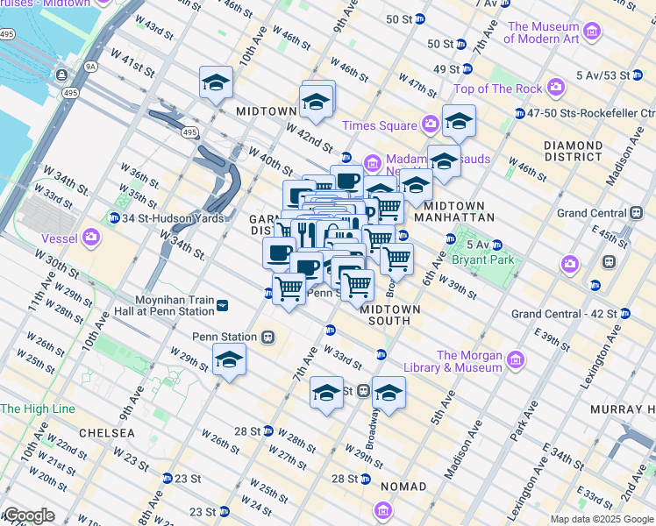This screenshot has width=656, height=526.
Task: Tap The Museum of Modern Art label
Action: click(x=555, y=32)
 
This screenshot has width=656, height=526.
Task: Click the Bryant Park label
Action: click(x=481, y=259)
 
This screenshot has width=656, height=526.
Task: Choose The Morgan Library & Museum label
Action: click(x=469, y=361)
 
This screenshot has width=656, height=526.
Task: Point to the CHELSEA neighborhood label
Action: click(x=106, y=433)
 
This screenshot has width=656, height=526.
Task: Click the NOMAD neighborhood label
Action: click(x=403, y=486)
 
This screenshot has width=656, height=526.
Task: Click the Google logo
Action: click(x=28, y=515)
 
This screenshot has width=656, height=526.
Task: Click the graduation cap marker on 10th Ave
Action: click(x=216, y=84)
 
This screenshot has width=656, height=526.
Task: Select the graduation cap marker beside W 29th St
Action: click(x=229, y=360)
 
